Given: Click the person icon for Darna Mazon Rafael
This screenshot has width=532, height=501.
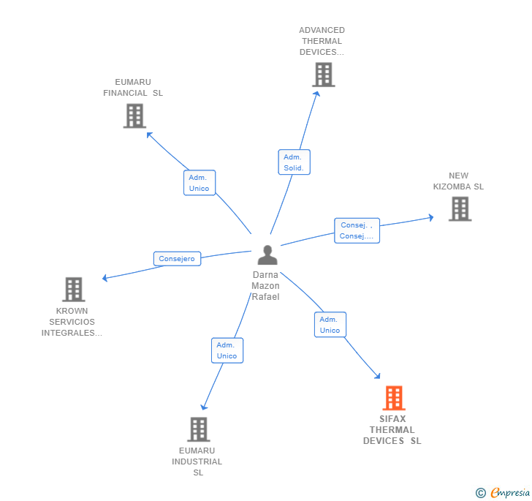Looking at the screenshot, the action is pos(267,255).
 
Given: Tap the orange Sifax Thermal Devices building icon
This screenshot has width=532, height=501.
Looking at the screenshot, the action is pos(394,399).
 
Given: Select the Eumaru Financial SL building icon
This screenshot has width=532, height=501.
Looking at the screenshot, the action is pos(134,116).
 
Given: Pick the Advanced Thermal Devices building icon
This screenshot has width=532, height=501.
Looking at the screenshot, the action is pos(323,75).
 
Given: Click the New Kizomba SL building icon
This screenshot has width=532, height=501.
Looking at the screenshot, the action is pos(460,209).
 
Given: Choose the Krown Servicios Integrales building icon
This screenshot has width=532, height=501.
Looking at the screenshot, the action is pos(73,290).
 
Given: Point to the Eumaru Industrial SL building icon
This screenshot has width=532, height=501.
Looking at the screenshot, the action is pos(198,429).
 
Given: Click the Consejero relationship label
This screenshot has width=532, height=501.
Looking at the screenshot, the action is pos(177,259).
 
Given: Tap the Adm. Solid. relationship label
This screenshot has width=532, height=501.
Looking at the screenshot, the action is pos(294,162).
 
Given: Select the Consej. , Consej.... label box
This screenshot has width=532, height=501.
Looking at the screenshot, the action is pos(357,231).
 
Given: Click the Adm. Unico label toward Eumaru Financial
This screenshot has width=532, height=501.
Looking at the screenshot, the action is pos(199,183).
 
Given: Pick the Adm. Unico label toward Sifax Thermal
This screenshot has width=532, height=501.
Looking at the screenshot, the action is pos(330,325).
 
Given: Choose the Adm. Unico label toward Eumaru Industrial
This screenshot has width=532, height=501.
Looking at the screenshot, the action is pos(227,350).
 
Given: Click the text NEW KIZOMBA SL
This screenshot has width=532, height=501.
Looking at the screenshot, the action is pos(458,181).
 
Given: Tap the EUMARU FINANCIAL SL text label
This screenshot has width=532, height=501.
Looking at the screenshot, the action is pos(133,88).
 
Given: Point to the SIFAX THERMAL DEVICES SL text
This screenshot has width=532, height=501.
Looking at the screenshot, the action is pos(392,430).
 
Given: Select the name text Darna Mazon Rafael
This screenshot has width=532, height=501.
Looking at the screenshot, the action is pos(265,286).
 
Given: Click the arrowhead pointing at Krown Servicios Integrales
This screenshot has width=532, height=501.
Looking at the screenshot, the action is pos(104,278).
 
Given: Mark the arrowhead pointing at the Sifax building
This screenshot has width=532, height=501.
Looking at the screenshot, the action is pos(377,376).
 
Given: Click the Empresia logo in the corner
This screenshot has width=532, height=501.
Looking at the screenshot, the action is pos(502,493).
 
